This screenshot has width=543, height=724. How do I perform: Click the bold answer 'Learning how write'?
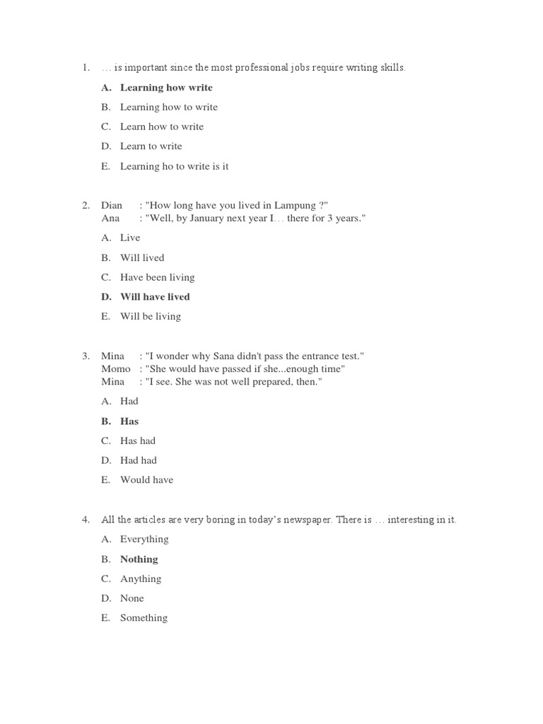coord(166,88)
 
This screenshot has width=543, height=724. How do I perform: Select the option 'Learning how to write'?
coord(169,107)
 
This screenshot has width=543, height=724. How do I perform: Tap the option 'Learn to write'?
coord(151,146)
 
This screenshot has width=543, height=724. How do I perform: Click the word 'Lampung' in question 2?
coord(287,206)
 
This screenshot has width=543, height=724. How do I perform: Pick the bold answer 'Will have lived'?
coord(155,297)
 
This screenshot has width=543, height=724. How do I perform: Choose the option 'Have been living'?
coord(157,277)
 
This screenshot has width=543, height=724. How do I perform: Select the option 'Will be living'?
coord(150,316)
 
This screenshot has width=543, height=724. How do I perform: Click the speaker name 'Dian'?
coord(112,206)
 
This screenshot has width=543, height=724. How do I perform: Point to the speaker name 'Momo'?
coord(116,369)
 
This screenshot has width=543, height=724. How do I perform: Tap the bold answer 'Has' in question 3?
coord(129,421)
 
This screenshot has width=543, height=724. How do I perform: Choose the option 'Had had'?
coord(139,460)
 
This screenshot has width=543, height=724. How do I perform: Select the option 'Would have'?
coord(146,480)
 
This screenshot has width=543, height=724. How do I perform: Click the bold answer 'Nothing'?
coord(139,559)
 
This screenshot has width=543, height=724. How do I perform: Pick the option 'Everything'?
coord(144,539)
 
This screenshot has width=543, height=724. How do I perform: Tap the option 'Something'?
coord(144,618)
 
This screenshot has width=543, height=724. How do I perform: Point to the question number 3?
coord(85,356)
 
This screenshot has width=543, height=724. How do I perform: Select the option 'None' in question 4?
coord(132,598)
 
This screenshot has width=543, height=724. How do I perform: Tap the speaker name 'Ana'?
coord(110,218)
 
